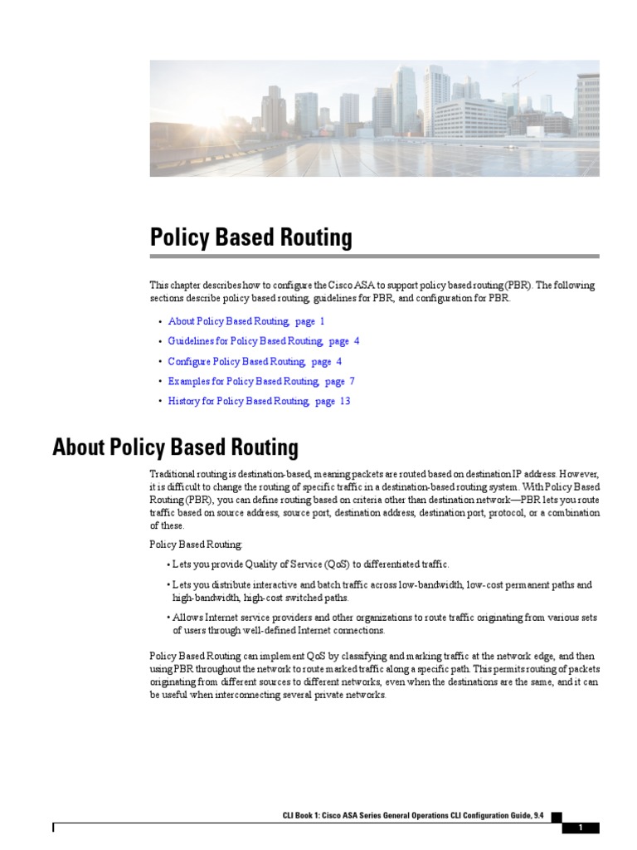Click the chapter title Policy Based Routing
[250, 238]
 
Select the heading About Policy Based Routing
[175, 448]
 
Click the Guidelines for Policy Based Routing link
[246, 341]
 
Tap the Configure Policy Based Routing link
[236, 362]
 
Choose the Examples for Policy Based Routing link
[243, 382]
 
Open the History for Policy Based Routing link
[238, 402]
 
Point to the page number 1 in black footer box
[581, 828]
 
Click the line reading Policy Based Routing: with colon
[197, 545]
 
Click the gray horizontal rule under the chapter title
[374, 256]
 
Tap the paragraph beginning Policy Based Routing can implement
[374, 676]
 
